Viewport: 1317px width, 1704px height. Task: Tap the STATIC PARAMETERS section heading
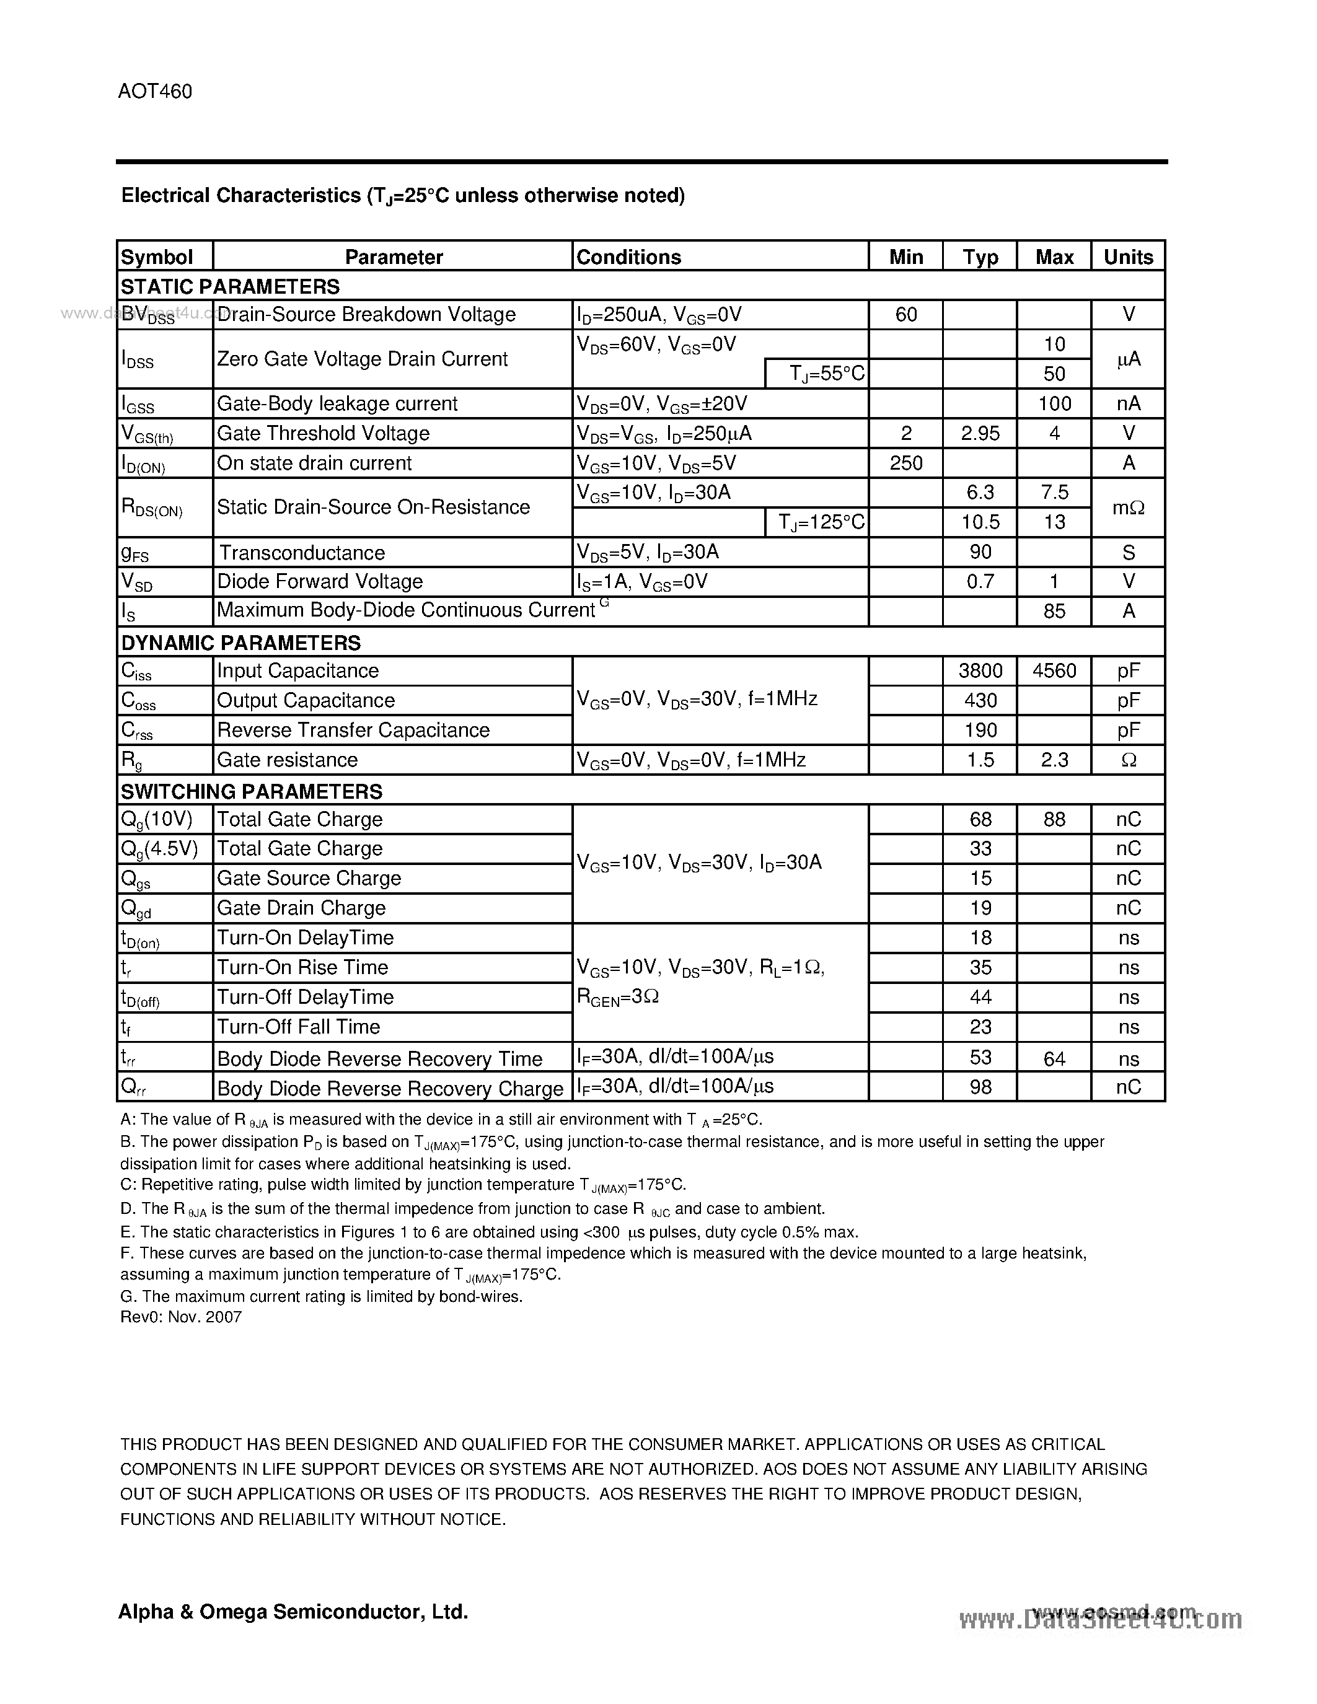(x=230, y=286)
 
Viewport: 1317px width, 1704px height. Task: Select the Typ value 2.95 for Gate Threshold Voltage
(x=980, y=433)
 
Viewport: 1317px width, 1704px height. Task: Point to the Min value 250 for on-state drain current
(x=906, y=463)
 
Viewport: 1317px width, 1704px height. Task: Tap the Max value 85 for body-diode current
(x=1054, y=611)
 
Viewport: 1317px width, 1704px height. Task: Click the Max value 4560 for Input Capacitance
(x=1054, y=670)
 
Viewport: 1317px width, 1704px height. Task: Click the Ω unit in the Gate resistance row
(x=1127, y=760)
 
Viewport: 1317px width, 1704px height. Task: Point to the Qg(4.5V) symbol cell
(x=159, y=849)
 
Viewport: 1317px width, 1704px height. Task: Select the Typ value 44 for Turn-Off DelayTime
(x=980, y=997)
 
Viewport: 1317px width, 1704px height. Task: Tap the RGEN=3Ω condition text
(x=618, y=996)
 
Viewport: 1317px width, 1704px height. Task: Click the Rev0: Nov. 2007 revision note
(x=181, y=1317)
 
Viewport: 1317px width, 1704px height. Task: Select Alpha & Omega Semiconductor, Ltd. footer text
(x=293, y=1611)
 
